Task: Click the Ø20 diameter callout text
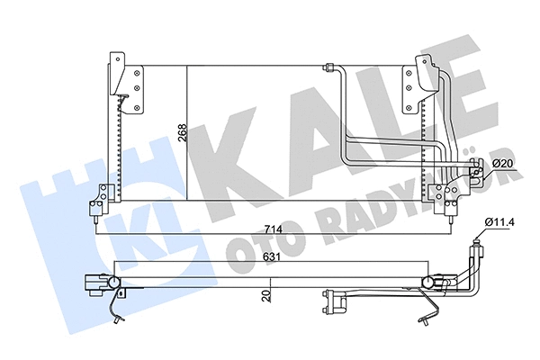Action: tap(504, 162)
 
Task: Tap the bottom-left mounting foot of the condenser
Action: tap(101, 202)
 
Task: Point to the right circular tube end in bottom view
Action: tap(427, 286)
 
